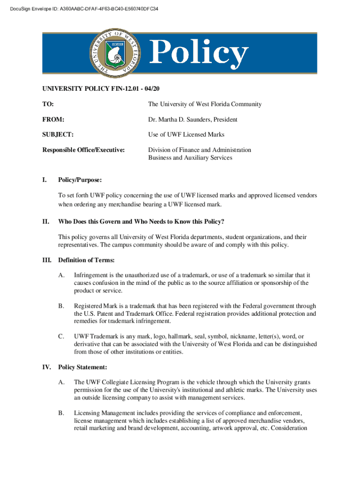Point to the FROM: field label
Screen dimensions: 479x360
[x=53, y=120]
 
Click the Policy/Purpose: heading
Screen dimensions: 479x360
[x=80, y=180]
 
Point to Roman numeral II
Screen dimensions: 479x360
[x=45, y=221]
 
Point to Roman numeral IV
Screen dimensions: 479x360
[x=47, y=367]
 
